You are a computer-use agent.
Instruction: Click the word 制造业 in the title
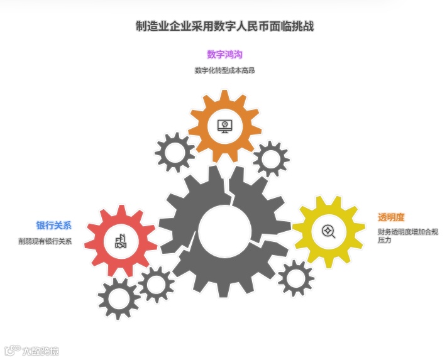point(151,26)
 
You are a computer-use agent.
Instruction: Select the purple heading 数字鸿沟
point(224,55)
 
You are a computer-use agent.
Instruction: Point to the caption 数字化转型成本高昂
point(224,70)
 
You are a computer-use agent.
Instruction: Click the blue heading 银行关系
point(53,225)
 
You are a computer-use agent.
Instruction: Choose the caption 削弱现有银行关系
point(45,241)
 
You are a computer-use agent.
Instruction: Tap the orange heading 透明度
point(391,217)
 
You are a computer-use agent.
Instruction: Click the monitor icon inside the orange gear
point(224,126)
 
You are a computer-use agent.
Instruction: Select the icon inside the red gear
point(121,241)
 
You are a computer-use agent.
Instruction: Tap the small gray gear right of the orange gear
point(271,158)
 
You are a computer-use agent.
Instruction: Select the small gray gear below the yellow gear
point(295,278)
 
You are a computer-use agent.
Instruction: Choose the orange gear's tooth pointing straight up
point(224,95)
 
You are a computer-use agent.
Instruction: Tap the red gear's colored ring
point(101,241)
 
